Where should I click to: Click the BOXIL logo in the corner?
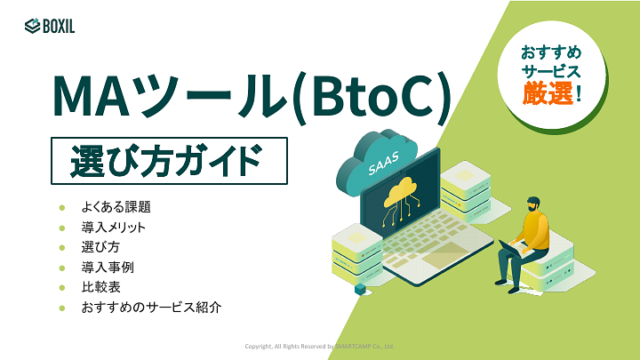(50, 26)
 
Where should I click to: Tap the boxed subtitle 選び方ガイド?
(168, 160)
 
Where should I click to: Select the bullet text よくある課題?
(116, 206)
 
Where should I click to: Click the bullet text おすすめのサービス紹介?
(150, 308)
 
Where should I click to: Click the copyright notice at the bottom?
(319, 346)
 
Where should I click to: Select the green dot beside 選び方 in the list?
(62, 247)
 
